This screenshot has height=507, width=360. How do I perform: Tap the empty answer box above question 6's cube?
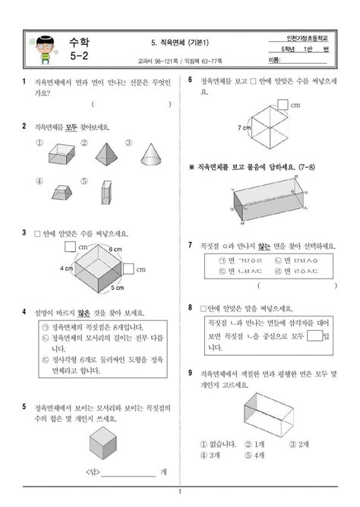(282, 104)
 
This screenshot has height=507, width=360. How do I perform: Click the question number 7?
(190, 245)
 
